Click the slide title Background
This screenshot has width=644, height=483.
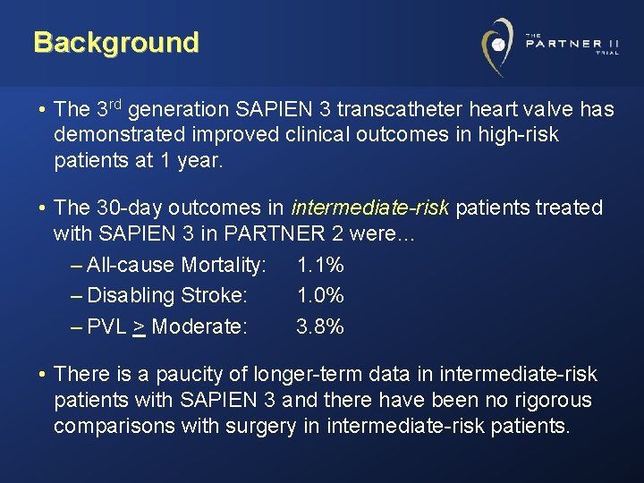pyautogui.click(x=116, y=42)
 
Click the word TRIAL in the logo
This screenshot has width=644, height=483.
pyautogui.click(x=606, y=52)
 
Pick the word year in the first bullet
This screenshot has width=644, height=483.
pyautogui.click(x=195, y=161)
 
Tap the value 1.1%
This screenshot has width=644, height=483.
pyautogui.click(x=320, y=265)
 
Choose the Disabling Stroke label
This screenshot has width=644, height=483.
pyautogui.click(x=167, y=295)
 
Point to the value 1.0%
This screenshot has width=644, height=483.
pyautogui.click(x=320, y=295)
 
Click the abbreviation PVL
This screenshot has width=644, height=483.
pyautogui.click(x=106, y=326)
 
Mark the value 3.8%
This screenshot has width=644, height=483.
pyautogui.click(x=320, y=326)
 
